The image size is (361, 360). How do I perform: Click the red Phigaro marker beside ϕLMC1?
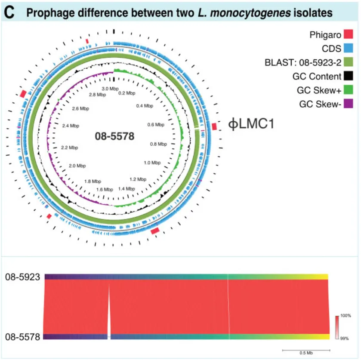pos(214,126)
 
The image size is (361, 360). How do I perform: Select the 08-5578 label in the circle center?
pos(114,137)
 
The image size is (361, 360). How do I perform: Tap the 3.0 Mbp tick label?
pos(110,88)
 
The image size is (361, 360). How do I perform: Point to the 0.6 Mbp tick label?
pos(156,125)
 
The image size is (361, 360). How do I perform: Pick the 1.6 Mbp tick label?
pos(105,189)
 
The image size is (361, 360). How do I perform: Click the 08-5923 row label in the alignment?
pos(23,277)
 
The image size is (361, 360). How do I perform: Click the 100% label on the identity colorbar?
pos(346,315)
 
